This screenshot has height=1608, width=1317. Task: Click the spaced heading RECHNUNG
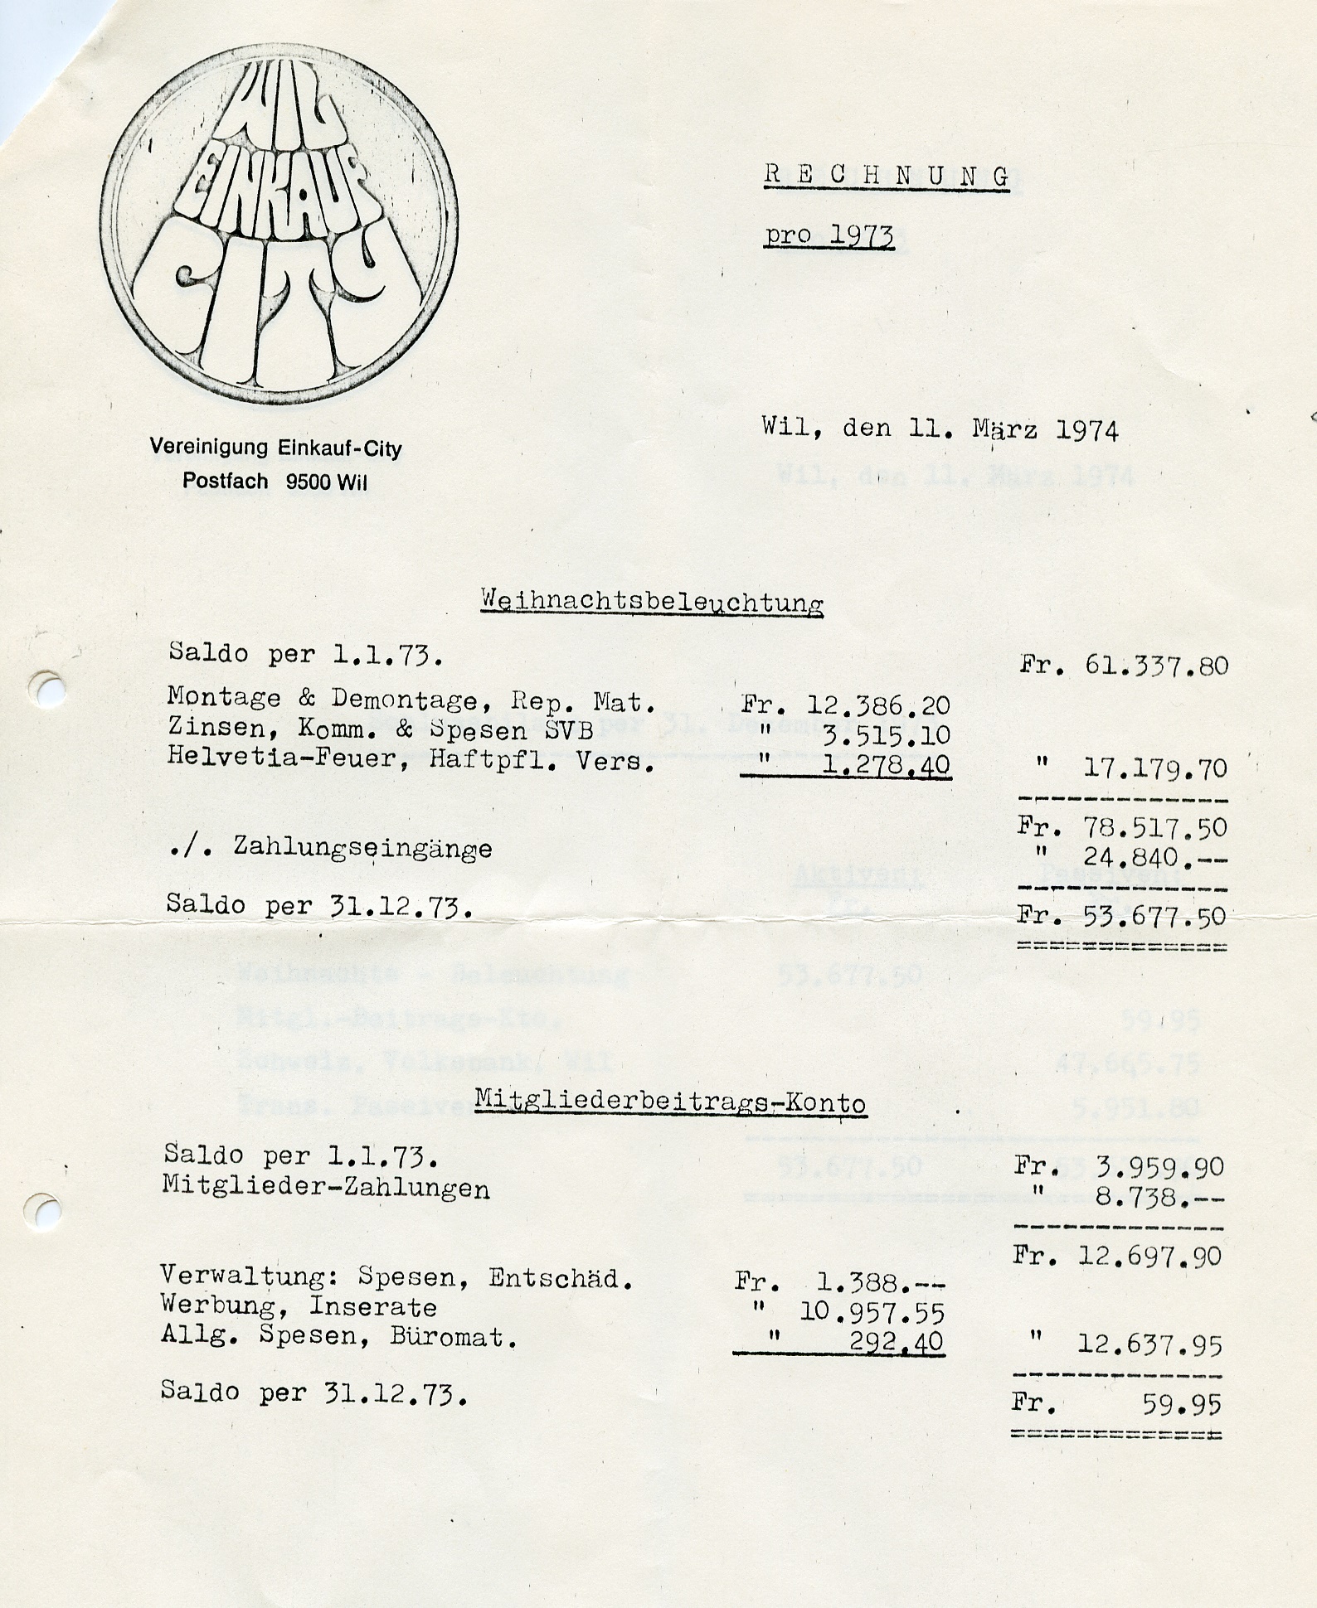pos(887,176)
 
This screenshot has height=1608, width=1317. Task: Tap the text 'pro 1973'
pos(829,236)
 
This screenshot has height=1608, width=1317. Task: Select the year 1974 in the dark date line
pos(1087,430)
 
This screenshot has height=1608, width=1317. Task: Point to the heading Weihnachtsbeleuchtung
pos(652,602)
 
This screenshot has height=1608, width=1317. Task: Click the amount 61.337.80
pos(1156,666)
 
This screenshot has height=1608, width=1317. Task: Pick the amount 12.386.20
pos(878,705)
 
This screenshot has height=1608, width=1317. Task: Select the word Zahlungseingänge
pos(362,848)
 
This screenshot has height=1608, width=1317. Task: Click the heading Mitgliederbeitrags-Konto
pos(670,1102)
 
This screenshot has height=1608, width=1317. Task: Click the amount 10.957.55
pos(872,1312)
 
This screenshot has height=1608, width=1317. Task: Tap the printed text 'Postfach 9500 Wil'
pos(275,482)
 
